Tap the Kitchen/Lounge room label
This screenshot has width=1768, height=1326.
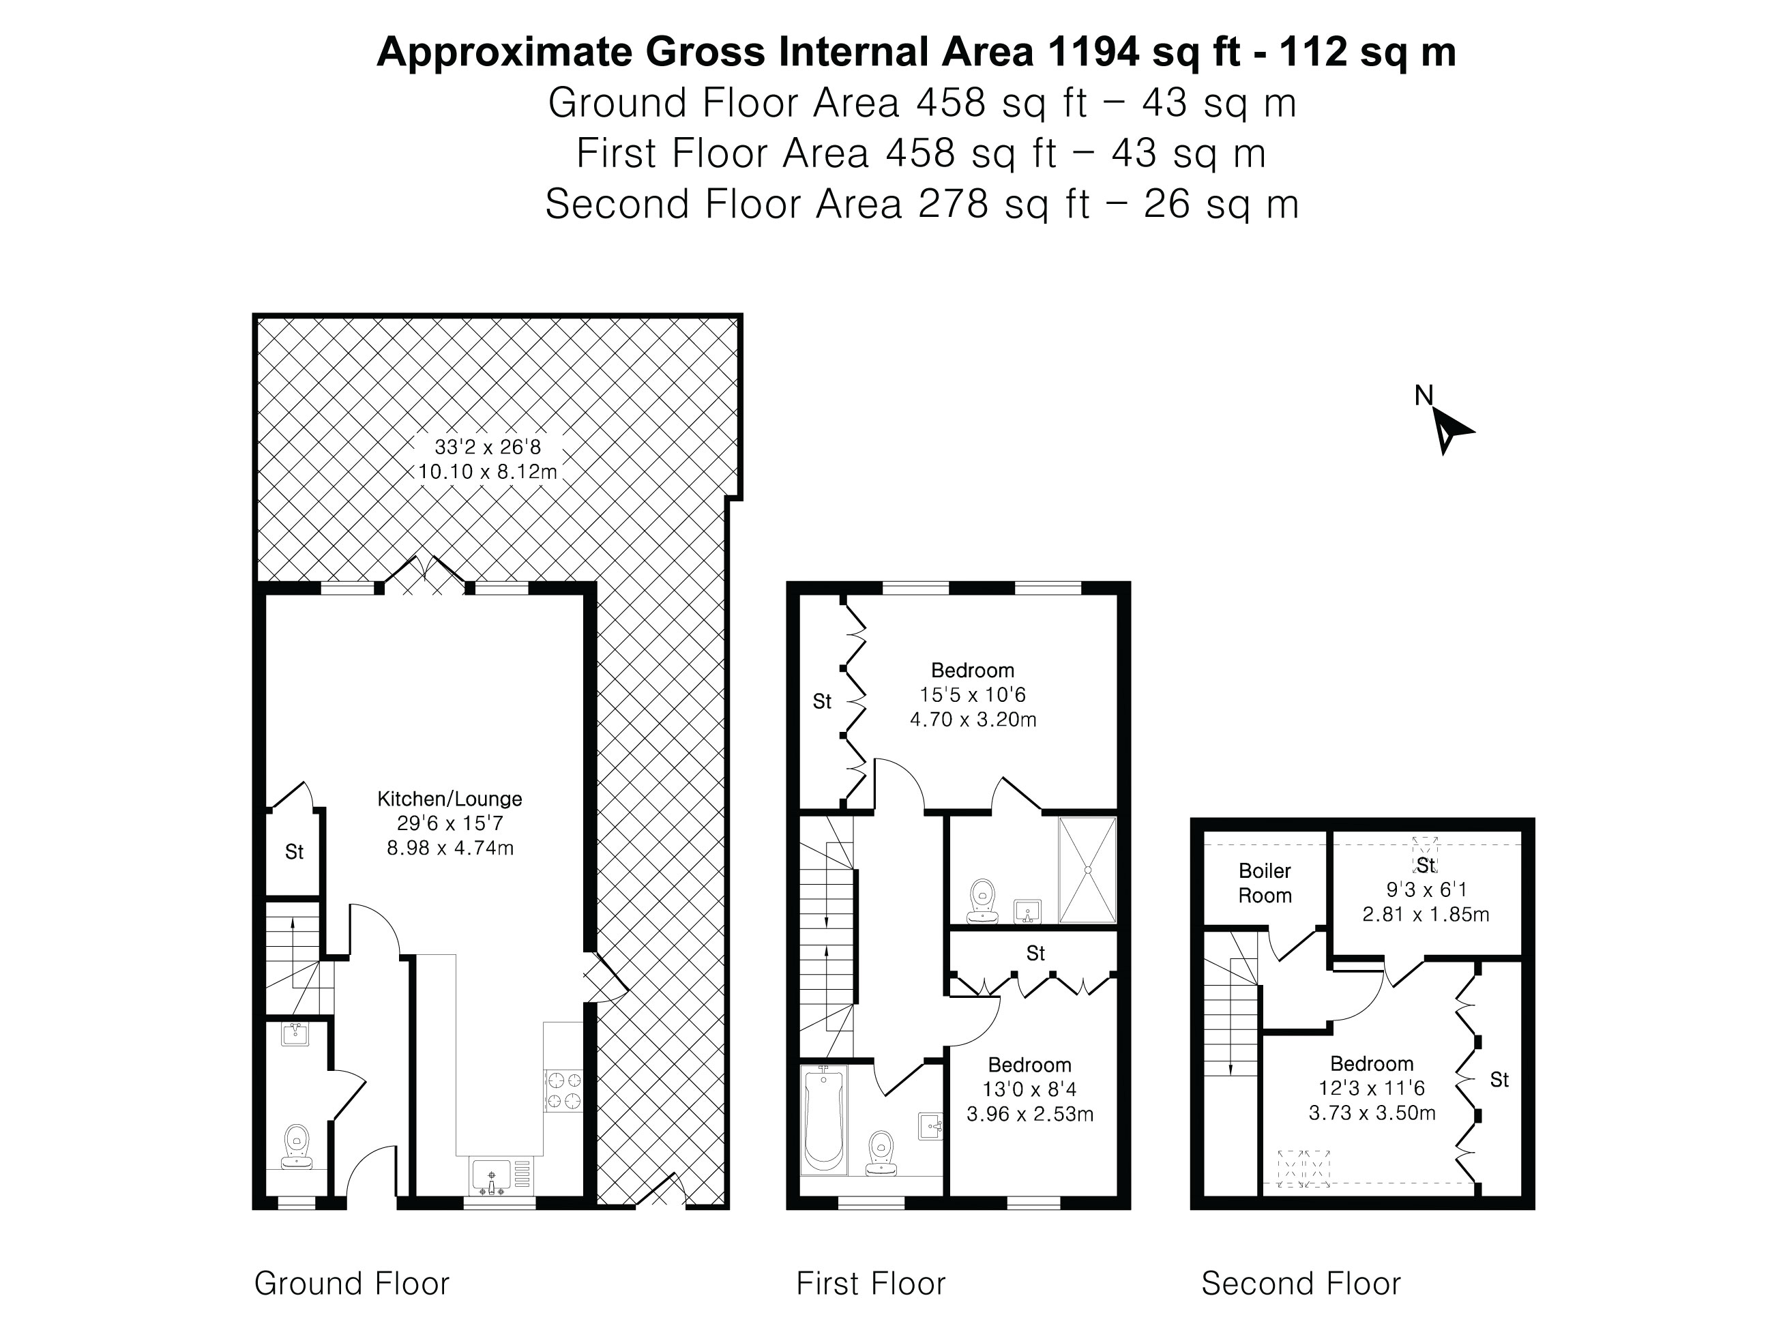(450, 799)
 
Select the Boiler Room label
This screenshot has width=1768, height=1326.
(1265, 883)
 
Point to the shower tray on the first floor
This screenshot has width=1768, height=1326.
(1087, 870)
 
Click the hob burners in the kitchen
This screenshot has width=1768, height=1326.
(563, 1091)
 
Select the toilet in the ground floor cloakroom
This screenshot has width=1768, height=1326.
(297, 1146)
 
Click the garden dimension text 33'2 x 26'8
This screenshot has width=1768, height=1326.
(488, 447)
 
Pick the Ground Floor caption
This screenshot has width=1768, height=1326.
(352, 1284)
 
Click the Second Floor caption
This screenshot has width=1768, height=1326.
(1301, 1284)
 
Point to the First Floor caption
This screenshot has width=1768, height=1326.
(870, 1284)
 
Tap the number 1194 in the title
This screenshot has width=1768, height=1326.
(1093, 52)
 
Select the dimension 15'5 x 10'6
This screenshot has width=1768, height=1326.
(973, 694)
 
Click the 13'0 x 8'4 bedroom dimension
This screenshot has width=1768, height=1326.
(1029, 1089)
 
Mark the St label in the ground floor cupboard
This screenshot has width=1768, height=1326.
(294, 852)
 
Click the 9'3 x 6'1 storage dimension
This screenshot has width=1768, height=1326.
(1426, 889)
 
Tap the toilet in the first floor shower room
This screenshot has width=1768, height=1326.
(982, 899)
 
